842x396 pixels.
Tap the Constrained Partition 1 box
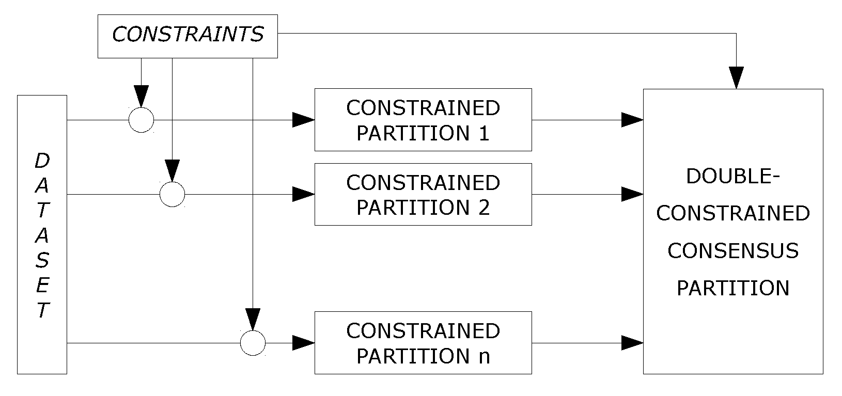[x=423, y=120]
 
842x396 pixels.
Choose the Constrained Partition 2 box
[x=423, y=194]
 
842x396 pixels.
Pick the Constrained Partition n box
[x=423, y=342]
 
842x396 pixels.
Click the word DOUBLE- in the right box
[x=732, y=177]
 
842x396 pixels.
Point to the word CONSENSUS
[x=732, y=251]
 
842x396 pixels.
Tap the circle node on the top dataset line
[x=141, y=120]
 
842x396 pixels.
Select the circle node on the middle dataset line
[x=172, y=194]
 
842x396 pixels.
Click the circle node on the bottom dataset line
[x=253, y=342]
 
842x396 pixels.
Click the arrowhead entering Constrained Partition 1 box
[x=304, y=120]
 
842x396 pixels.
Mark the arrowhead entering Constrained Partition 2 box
[x=304, y=194]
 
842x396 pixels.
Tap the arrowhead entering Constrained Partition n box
[x=304, y=342]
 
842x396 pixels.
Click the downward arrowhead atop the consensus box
[x=736, y=77]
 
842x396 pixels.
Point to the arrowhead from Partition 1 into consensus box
[x=632, y=120]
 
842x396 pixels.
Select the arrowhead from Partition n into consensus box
[x=632, y=342]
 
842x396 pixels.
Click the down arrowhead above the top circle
[x=141, y=96]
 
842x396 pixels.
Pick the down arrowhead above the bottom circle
[x=253, y=319]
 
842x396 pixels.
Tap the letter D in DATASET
[x=42, y=162]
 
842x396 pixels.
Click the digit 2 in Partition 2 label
[x=484, y=208]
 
